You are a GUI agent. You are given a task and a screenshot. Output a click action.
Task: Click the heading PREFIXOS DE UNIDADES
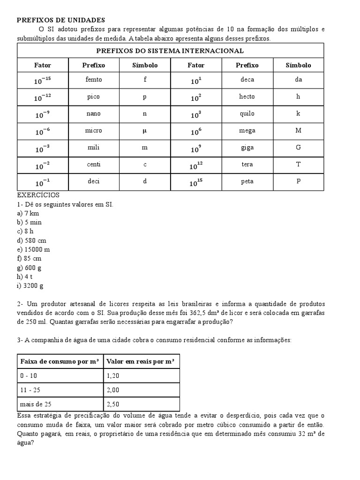pyautogui.click(x=61, y=20)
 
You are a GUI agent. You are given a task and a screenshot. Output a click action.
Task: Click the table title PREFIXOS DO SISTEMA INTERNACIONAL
pyautogui.click(x=170, y=51)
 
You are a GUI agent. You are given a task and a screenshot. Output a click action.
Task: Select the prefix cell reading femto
pyautogui.click(x=94, y=80)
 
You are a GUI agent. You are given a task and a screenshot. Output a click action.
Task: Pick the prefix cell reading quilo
pyautogui.click(x=247, y=113)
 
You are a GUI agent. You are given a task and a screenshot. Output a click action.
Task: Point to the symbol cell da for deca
pyautogui.click(x=298, y=80)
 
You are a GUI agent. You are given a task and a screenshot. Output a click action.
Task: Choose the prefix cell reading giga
pyautogui.click(x=247, y=148)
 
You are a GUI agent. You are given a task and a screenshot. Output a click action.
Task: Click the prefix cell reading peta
pyautogui.click(x=247, y=181)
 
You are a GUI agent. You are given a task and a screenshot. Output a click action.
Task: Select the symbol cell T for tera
pyautogui.click(x=298, y=165)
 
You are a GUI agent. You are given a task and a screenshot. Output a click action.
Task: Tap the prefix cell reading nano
pyautogui.click(x=94, y=113)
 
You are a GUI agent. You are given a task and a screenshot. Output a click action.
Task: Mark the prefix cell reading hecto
pyautogui.click(x=247, y=97)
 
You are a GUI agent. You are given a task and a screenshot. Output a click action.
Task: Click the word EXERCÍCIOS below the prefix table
pyautogui.click(x=38, y=195)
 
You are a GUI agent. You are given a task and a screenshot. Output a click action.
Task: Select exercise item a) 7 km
pyautogui.click(x=28, y=213)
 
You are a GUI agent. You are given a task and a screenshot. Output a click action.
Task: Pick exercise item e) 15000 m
pyautogui.click(x=33, y=249)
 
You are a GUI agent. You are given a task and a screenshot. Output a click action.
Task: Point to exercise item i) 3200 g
pyautogui.click(x=30, y=285)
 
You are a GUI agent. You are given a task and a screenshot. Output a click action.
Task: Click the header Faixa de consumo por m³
pyautogui.click(x=60, y=361)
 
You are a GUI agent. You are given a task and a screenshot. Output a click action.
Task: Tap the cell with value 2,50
pyautogui.click(x=113, y=404)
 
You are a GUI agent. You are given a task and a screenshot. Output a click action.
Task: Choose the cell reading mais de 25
pyautogui.click(x=34, y=404)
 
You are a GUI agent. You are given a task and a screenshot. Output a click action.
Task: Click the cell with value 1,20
pyautogui.click(x=113, y=376)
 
